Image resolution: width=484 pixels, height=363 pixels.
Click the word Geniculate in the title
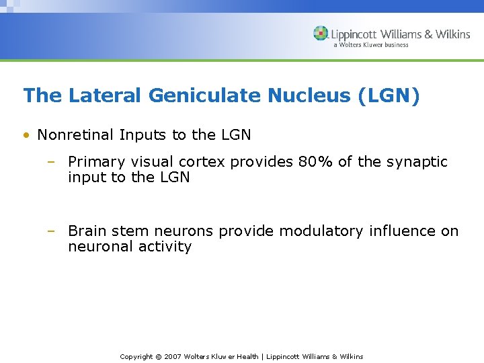click(x=205, y=96)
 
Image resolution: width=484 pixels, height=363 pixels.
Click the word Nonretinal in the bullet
click(x=75, y=135)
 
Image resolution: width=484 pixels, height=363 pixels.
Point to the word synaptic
click(x=417, y=162)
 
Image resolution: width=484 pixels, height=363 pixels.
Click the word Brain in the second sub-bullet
click(x=87, y=231)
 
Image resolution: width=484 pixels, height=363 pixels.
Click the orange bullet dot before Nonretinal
click(x=26, y=136)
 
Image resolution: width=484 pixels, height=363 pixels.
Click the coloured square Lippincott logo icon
click(x=321, y=34)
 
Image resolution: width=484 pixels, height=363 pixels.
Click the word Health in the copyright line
click(x=246, y=356)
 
